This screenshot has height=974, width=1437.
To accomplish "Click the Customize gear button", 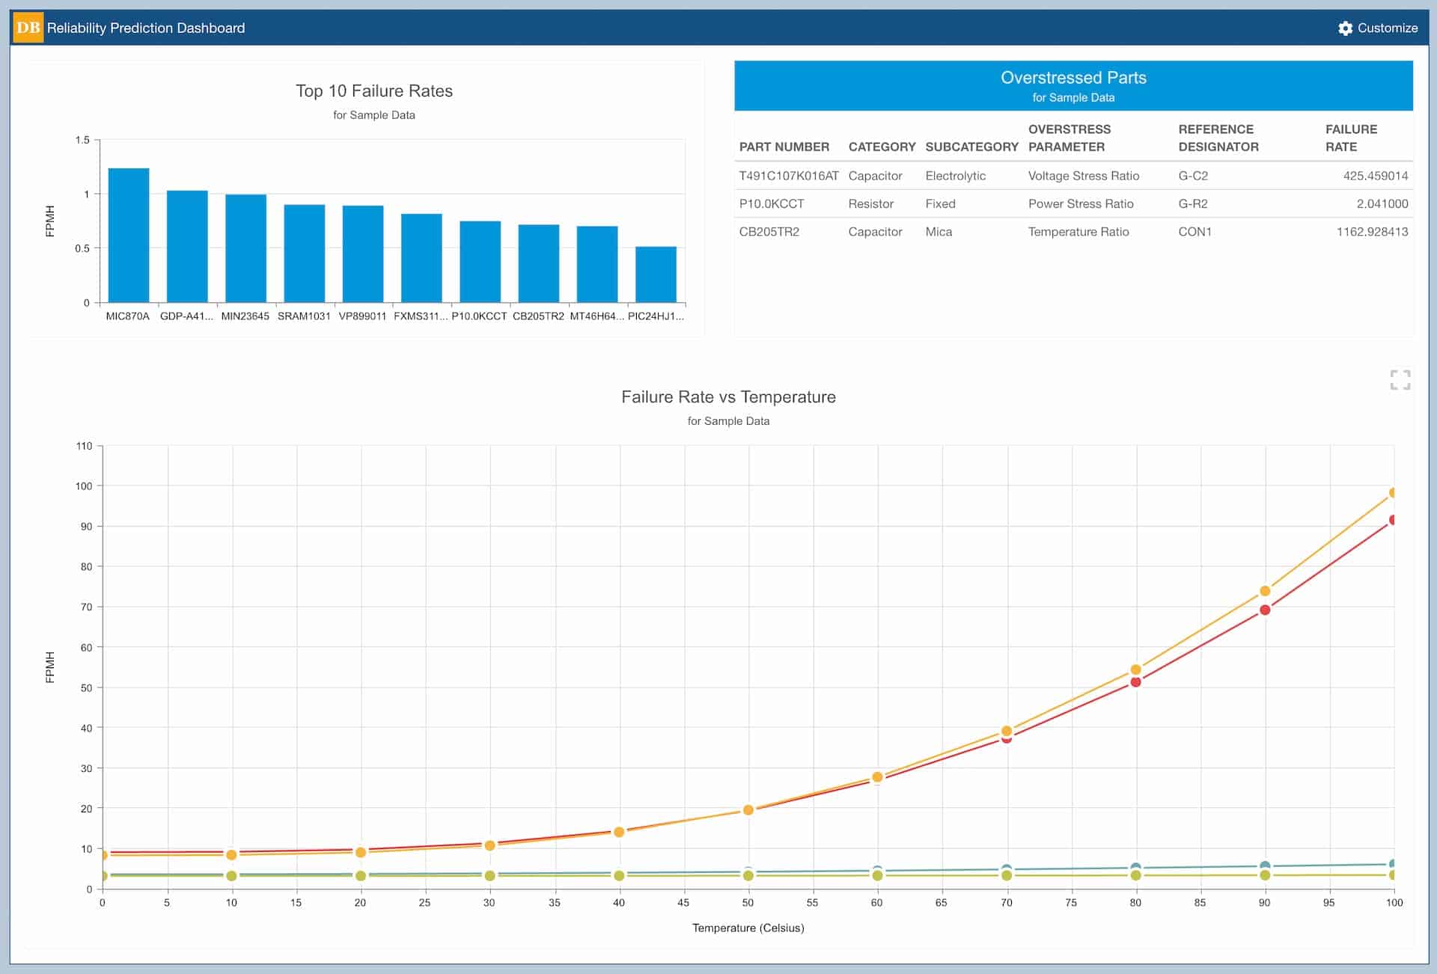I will coord(1377,28).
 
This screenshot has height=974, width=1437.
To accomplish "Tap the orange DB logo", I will coord(28,28).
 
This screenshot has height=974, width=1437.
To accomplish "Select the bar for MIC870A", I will coord(128,235).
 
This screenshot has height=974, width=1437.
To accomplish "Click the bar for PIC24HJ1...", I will coord(656,274).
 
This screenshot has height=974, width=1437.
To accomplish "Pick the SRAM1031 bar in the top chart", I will coord(304,253).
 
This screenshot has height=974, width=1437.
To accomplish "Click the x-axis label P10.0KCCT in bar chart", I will coord(479,316).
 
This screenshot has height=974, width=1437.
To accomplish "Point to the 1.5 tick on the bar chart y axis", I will coord(82,140).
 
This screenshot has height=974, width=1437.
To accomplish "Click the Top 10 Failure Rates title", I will coord(374,91).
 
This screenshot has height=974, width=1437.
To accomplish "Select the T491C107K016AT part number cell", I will coord(788,176).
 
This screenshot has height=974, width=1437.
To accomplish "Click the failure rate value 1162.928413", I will coord(1371,232).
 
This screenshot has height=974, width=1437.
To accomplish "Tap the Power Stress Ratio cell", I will coord(1080,203).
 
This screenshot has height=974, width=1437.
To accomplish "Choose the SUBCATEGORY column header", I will coord(971,147).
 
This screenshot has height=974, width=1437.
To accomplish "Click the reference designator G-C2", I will coord(1192,176).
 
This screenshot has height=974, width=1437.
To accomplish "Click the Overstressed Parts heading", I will coord(1073,78).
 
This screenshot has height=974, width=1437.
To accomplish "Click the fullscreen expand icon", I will coord(1400,380).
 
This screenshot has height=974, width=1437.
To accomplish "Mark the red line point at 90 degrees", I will coord(1264,610).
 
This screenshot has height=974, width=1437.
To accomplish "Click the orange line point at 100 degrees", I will coord(1393,493).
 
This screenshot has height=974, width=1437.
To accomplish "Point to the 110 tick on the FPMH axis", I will coord(84,446).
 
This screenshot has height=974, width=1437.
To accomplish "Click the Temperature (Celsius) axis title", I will coord(748,928).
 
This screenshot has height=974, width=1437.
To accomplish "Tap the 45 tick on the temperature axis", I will coord(683,903).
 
